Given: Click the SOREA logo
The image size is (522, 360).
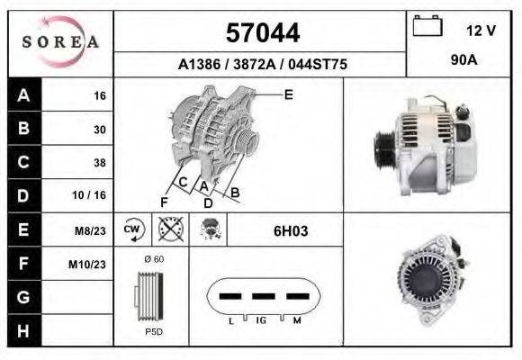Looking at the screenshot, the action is pyautogui.click(x=60, y=42).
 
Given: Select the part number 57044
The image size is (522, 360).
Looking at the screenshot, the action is pyautogui.click(x=263, y=33).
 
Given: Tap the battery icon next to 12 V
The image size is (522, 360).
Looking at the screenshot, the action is pyautogui.click(x=427, y=25).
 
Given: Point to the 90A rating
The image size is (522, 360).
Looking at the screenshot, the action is pyautogui.click(x=464, y=60).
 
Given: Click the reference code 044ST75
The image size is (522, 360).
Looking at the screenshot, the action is pyautogui.click(x=318, y=64).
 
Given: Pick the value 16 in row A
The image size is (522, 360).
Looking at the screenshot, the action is pyautogui.click(x=100, y=96).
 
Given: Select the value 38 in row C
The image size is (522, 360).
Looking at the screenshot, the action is pyautogui.click(x=100, y=163).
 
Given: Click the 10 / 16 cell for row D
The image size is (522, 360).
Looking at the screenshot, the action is pyautogui.click(x=89, y=195).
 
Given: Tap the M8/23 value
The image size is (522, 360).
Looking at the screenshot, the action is pyautogui.click(x=90, y=230).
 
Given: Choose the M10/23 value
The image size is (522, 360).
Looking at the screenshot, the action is pyautogui.click(x=87, y=265).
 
